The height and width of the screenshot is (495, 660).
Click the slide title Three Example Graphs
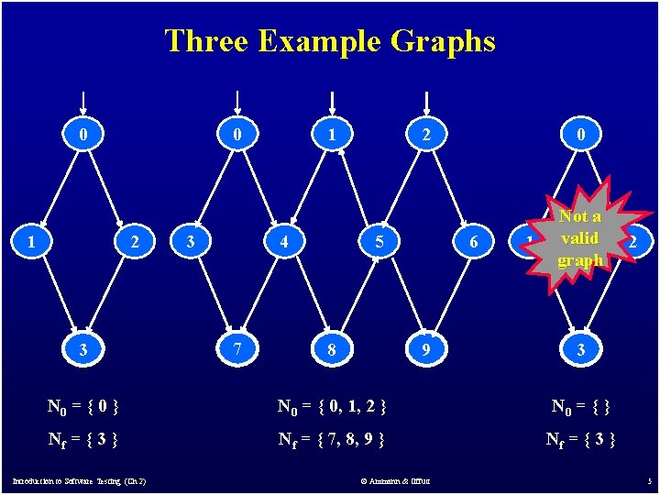pos(330,41)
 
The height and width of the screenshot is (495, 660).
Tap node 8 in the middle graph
pos(332,349)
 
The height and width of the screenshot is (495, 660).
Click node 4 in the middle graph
pos(285,243)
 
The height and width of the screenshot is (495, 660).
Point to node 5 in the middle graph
pos(379,243)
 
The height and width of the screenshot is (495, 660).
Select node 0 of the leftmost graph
pos(83,135)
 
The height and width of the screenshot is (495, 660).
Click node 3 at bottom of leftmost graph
pos(83,349)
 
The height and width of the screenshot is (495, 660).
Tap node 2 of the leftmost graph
pos(135,243)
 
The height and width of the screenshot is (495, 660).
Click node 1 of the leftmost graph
pos(33,243)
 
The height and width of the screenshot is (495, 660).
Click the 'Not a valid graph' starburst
pos(579,238)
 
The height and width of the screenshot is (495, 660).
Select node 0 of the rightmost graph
pos(580,135)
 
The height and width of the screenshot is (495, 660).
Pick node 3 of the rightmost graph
pos(580,349)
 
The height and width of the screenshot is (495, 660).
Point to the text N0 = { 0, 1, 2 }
pos(332,404)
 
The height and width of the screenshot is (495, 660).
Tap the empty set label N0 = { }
pos(579,404)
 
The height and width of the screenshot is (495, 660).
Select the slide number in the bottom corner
pos(648,480)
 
